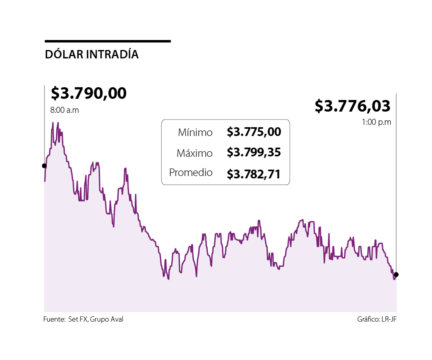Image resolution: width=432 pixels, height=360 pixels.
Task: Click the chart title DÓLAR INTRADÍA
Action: [92, 55]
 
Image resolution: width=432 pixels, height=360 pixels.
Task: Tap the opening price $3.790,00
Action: [88, 93]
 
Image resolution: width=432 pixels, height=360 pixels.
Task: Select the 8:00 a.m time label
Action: [64, 110]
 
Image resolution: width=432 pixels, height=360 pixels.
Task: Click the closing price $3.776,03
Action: [352, 106]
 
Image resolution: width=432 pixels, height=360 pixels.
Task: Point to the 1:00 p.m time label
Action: [376, 122]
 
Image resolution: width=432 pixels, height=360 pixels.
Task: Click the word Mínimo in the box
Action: [195, 132]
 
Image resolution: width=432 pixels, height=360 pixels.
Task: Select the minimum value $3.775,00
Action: [254, 132]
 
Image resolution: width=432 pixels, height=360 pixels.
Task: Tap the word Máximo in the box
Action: [194, 153]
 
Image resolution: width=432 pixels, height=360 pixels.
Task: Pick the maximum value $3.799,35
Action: [254, 152]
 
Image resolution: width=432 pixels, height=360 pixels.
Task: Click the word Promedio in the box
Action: [191, 173]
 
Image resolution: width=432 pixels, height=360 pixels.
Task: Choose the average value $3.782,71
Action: [254, 174]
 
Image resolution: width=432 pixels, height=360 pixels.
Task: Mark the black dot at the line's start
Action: [44, 166]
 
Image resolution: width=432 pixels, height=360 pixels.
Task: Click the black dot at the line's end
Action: [396, 274]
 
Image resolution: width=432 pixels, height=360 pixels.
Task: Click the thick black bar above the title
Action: [108, 41]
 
